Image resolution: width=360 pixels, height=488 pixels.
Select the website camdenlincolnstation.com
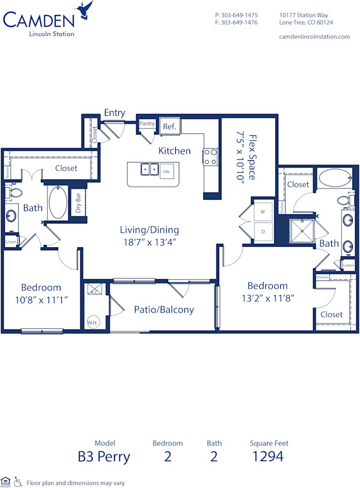(x=314, y=37)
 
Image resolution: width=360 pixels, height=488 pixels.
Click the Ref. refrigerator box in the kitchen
(x=169, y=126)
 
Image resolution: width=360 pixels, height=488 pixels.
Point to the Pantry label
(x=147, y=124)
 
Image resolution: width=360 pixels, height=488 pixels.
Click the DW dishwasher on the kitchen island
(x=166, y=171)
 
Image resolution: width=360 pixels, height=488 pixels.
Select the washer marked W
(x=263, y=211)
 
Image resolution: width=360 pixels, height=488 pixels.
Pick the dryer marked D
(x=263, y=232)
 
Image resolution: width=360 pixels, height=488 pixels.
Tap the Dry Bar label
(x=78, y=203)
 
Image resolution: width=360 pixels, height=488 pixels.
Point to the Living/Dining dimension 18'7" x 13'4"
(x=149, y=242)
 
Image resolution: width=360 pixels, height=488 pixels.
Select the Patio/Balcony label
(x=164, y=310)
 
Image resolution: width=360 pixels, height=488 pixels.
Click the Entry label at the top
(x=115, y=112)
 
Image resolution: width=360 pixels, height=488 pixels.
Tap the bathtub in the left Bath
(x=58, y=203)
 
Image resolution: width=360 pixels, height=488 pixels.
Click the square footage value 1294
(x=269, y=456)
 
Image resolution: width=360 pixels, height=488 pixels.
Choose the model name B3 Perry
(x=104, y=456)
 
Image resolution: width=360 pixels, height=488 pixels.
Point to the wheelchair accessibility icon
(x=18, y=481)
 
